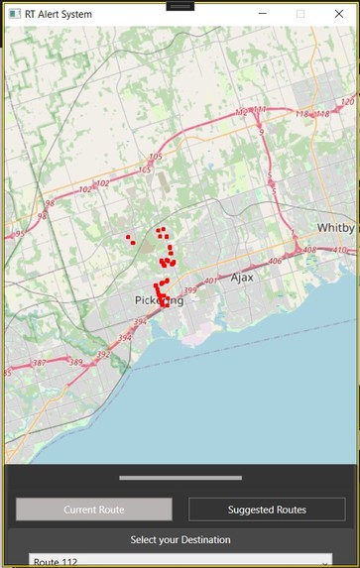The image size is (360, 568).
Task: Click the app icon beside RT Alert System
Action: click(14, 14)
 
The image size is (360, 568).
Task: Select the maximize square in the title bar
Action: click(300, 14)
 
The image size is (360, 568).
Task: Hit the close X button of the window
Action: click(338, 14)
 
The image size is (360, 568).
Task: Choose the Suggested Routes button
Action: click(267, 510)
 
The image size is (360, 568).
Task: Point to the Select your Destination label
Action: click(180, 540)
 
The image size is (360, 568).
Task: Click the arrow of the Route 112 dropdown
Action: click(324, 561)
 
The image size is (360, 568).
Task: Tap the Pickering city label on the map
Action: click(159, 300)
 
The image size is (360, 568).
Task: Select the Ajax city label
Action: click(242, 278)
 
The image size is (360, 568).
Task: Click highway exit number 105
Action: click(155, 157)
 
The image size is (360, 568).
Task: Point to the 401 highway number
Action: click(210, 281)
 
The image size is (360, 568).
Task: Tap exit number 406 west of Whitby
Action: click(275, 262)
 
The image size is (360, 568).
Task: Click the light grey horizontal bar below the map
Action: click(180, 478)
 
